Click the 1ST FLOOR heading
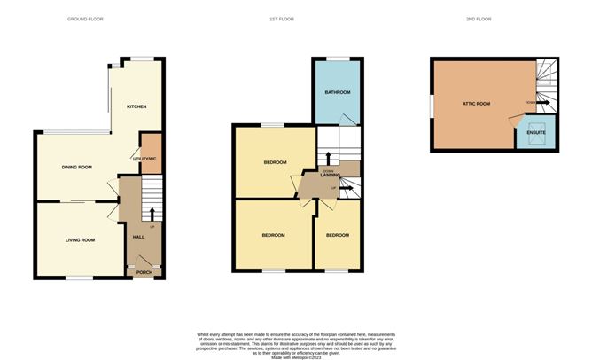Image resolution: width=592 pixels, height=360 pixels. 282,19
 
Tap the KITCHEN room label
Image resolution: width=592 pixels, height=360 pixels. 136,106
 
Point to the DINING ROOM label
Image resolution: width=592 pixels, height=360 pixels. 77,167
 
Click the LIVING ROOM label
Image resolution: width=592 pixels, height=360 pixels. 80,239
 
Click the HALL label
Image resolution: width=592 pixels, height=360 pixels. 138,237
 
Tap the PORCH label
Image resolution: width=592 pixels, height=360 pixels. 144,272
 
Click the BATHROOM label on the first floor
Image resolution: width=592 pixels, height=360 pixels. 337,92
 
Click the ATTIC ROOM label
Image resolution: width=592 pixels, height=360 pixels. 476,104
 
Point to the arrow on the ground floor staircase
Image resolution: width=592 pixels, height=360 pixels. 152,213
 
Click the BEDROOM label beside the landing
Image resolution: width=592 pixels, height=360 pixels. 275,163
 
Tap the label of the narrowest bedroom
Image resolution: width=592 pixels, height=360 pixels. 337,235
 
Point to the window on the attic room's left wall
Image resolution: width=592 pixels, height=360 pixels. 432,104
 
